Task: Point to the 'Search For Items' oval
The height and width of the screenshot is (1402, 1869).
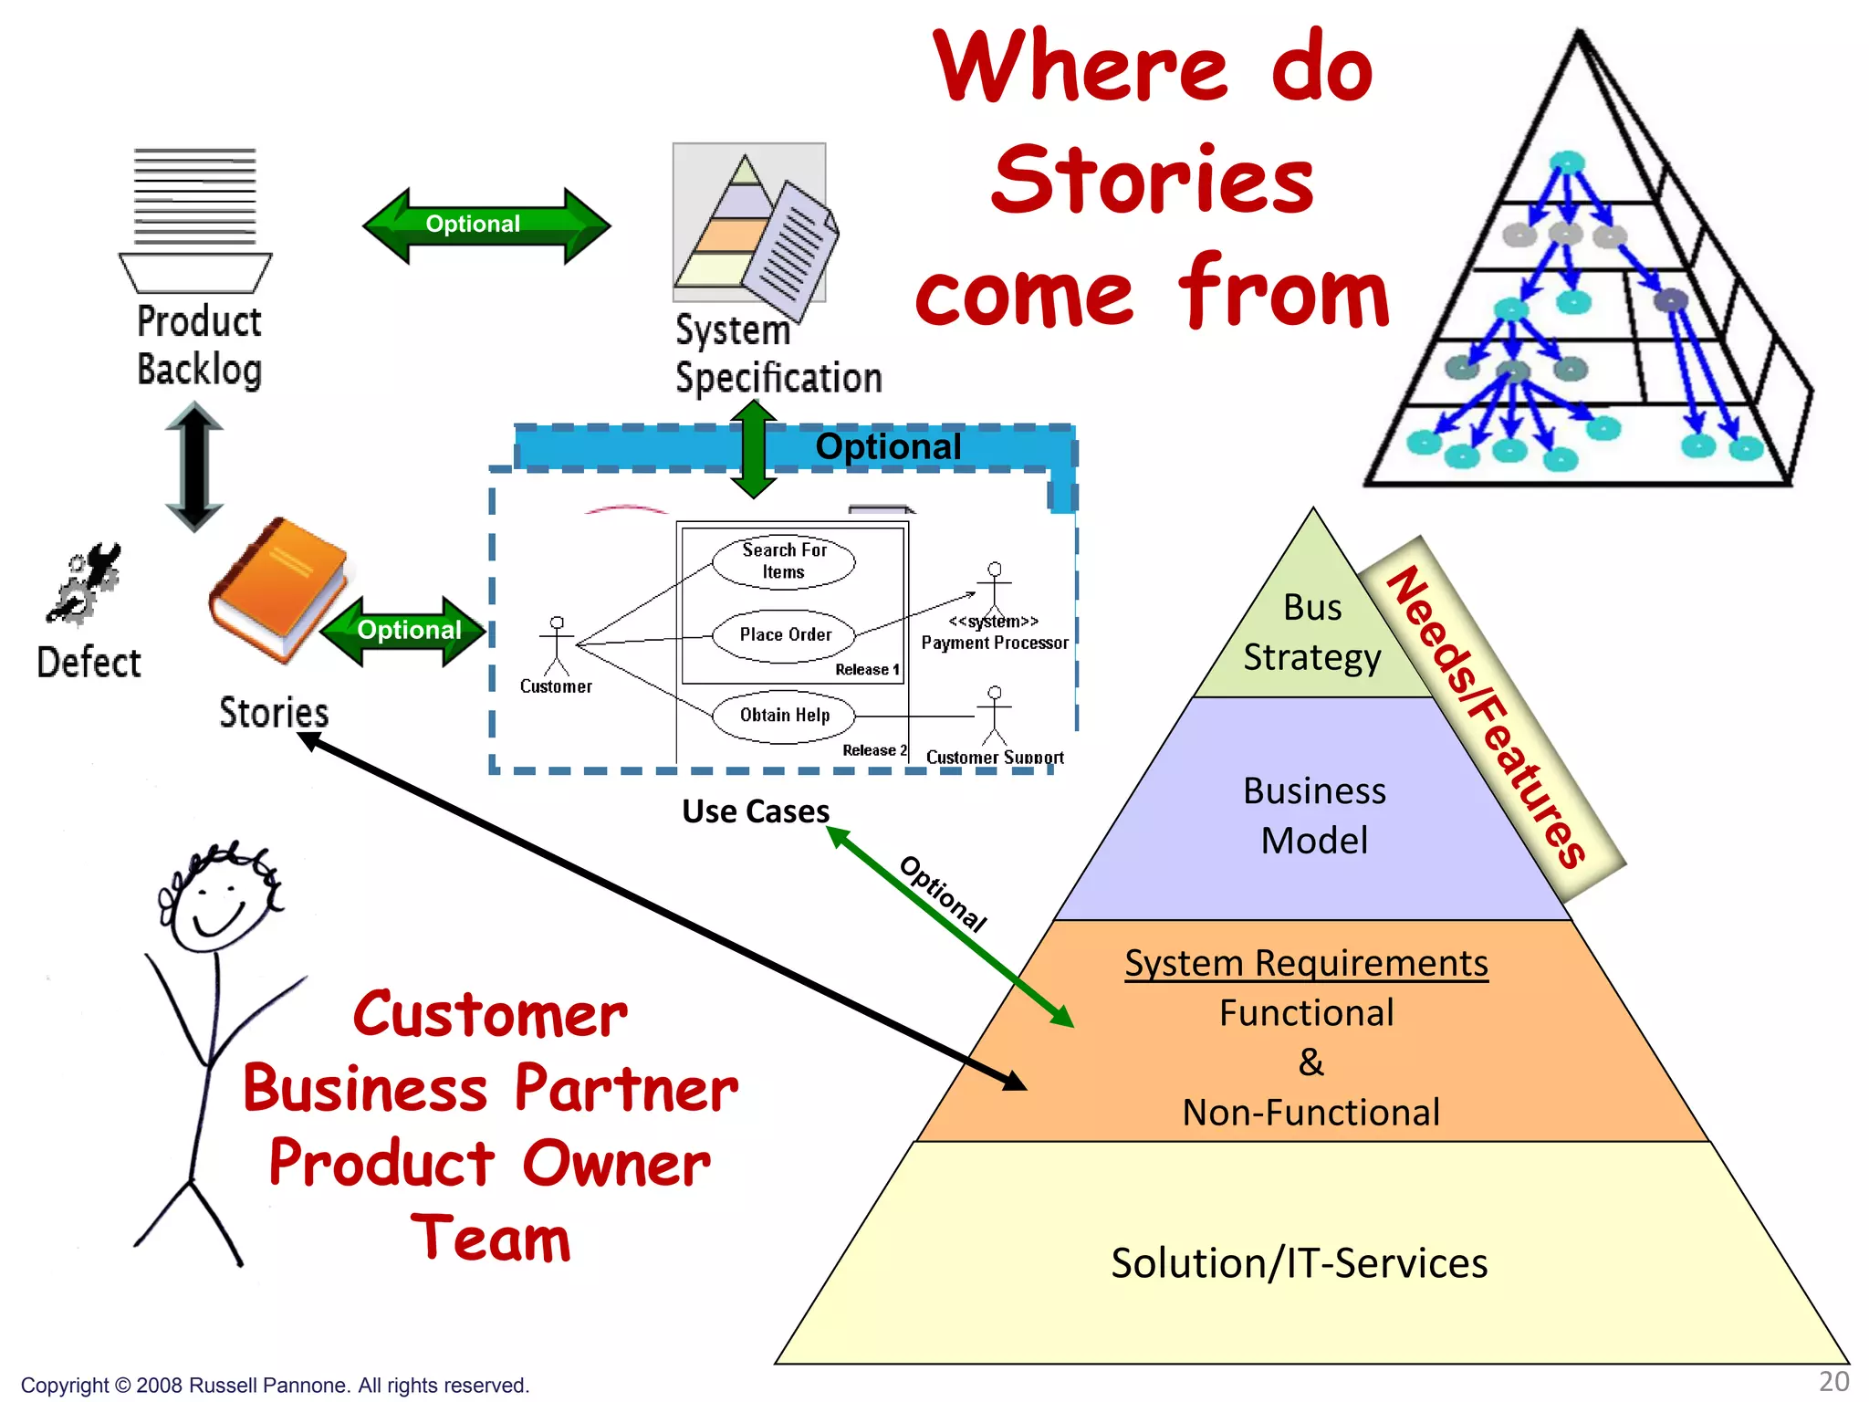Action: pyautogui.click(x=784, y=561)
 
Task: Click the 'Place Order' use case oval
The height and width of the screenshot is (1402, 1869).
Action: pyautogui.click(x=784, y=635)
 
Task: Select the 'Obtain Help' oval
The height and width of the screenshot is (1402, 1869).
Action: pyautogui.click(x=784, y=716)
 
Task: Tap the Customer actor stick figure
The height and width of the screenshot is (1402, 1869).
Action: pyautogui.click(x=557, y=646)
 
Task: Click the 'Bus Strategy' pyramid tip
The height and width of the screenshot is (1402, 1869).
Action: pyautogui.click(x=1312, y=633)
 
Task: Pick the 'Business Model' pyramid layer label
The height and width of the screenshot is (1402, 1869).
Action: pyautogui.click(x=1314, y=815)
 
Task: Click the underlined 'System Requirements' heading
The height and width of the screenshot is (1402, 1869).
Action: pyautogui.click(x=1306, y=964)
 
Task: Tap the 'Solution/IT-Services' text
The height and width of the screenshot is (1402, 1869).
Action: pyautogui.click(x=1299, y=1264)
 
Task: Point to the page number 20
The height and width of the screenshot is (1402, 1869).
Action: pyautogui.click(x=1833, y=1382)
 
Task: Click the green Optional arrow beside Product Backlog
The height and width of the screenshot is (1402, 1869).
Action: pyautogui.click(x=486, y=225)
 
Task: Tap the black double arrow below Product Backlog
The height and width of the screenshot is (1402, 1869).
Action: pyautogui.click(x=194, y=466)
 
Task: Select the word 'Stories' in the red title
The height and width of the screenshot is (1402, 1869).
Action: pyautogui.click(x=1153, y=181)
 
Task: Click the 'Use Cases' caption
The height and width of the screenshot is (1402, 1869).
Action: pyautogui.click(x=756, y=811)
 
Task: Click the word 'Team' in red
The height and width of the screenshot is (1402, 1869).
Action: pyautogui.click(x=491, y=1239)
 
